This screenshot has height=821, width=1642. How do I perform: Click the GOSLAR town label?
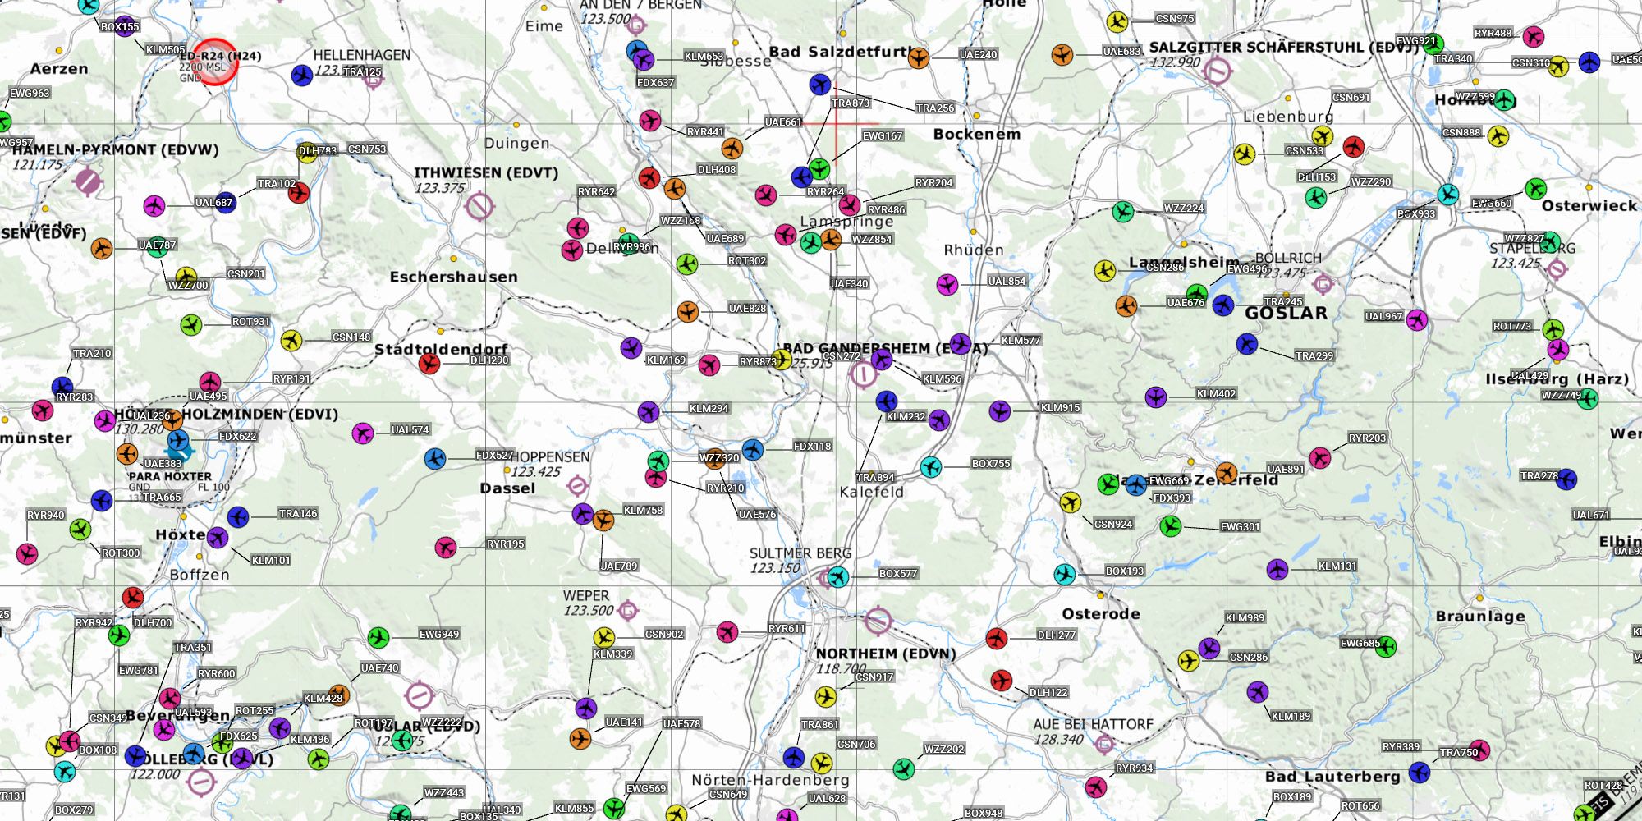(x=1286, y=313)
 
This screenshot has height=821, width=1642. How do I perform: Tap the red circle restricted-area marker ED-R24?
(x=216, y=62)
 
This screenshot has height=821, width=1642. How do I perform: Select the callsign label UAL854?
(x=1007, y=282)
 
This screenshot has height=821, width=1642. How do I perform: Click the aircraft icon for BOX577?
(x=837, y=576)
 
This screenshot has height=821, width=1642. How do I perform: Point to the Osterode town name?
(x=1100, y=614)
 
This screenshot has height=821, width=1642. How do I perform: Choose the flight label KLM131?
(x=1337, y=566)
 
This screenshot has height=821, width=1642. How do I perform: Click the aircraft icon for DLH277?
(x=997, y=638)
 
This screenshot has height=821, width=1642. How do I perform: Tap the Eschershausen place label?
(x=453, y=277)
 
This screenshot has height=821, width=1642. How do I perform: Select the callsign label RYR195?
(x=505, y=544)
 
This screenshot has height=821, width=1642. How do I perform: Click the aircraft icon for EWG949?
(x=378, y=637)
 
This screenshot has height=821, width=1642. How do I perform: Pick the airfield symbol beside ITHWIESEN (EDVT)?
(x=479, y=206)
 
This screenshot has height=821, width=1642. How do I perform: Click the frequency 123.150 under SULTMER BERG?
(x=774, y=568)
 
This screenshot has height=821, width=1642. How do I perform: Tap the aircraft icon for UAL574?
(x=362, y=433)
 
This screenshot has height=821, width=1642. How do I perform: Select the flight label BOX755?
(x=990, y=464)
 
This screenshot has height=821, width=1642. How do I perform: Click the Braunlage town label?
(x=1479, y=617)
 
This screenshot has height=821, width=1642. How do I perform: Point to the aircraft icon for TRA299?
(x=1247, y=344)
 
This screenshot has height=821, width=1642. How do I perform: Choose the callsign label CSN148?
(x=351, y=337)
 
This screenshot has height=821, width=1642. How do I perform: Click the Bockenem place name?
(x=976, y=134)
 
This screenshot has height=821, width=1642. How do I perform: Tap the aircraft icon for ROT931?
(x=191, y=324)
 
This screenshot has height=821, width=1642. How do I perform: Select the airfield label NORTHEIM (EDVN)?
(x=885, y=654)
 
